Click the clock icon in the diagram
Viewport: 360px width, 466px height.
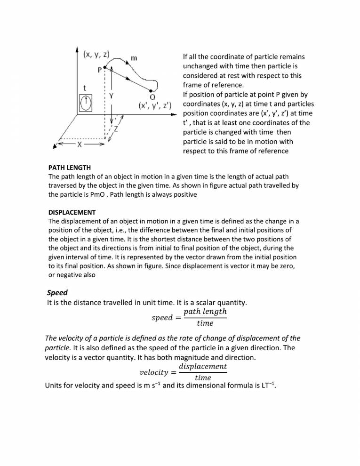[x=86, y=102]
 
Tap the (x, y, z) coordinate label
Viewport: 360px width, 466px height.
[x=96, y=54]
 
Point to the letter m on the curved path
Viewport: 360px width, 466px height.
[x=134, y=58]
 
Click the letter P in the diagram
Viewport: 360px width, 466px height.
[x=100, y=70]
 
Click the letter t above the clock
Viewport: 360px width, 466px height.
[x=84, y=88]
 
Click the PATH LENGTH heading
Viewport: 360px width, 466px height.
[x=70, y=168]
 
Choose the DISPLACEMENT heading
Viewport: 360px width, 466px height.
[x=72, y=212]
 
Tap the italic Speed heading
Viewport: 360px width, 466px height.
[x=57, y=292]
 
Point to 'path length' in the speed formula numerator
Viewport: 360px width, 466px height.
[x=205, y=312]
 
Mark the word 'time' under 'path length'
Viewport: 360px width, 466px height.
[x=205, y=323]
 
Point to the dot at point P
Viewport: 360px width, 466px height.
[x=106, y=68]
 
